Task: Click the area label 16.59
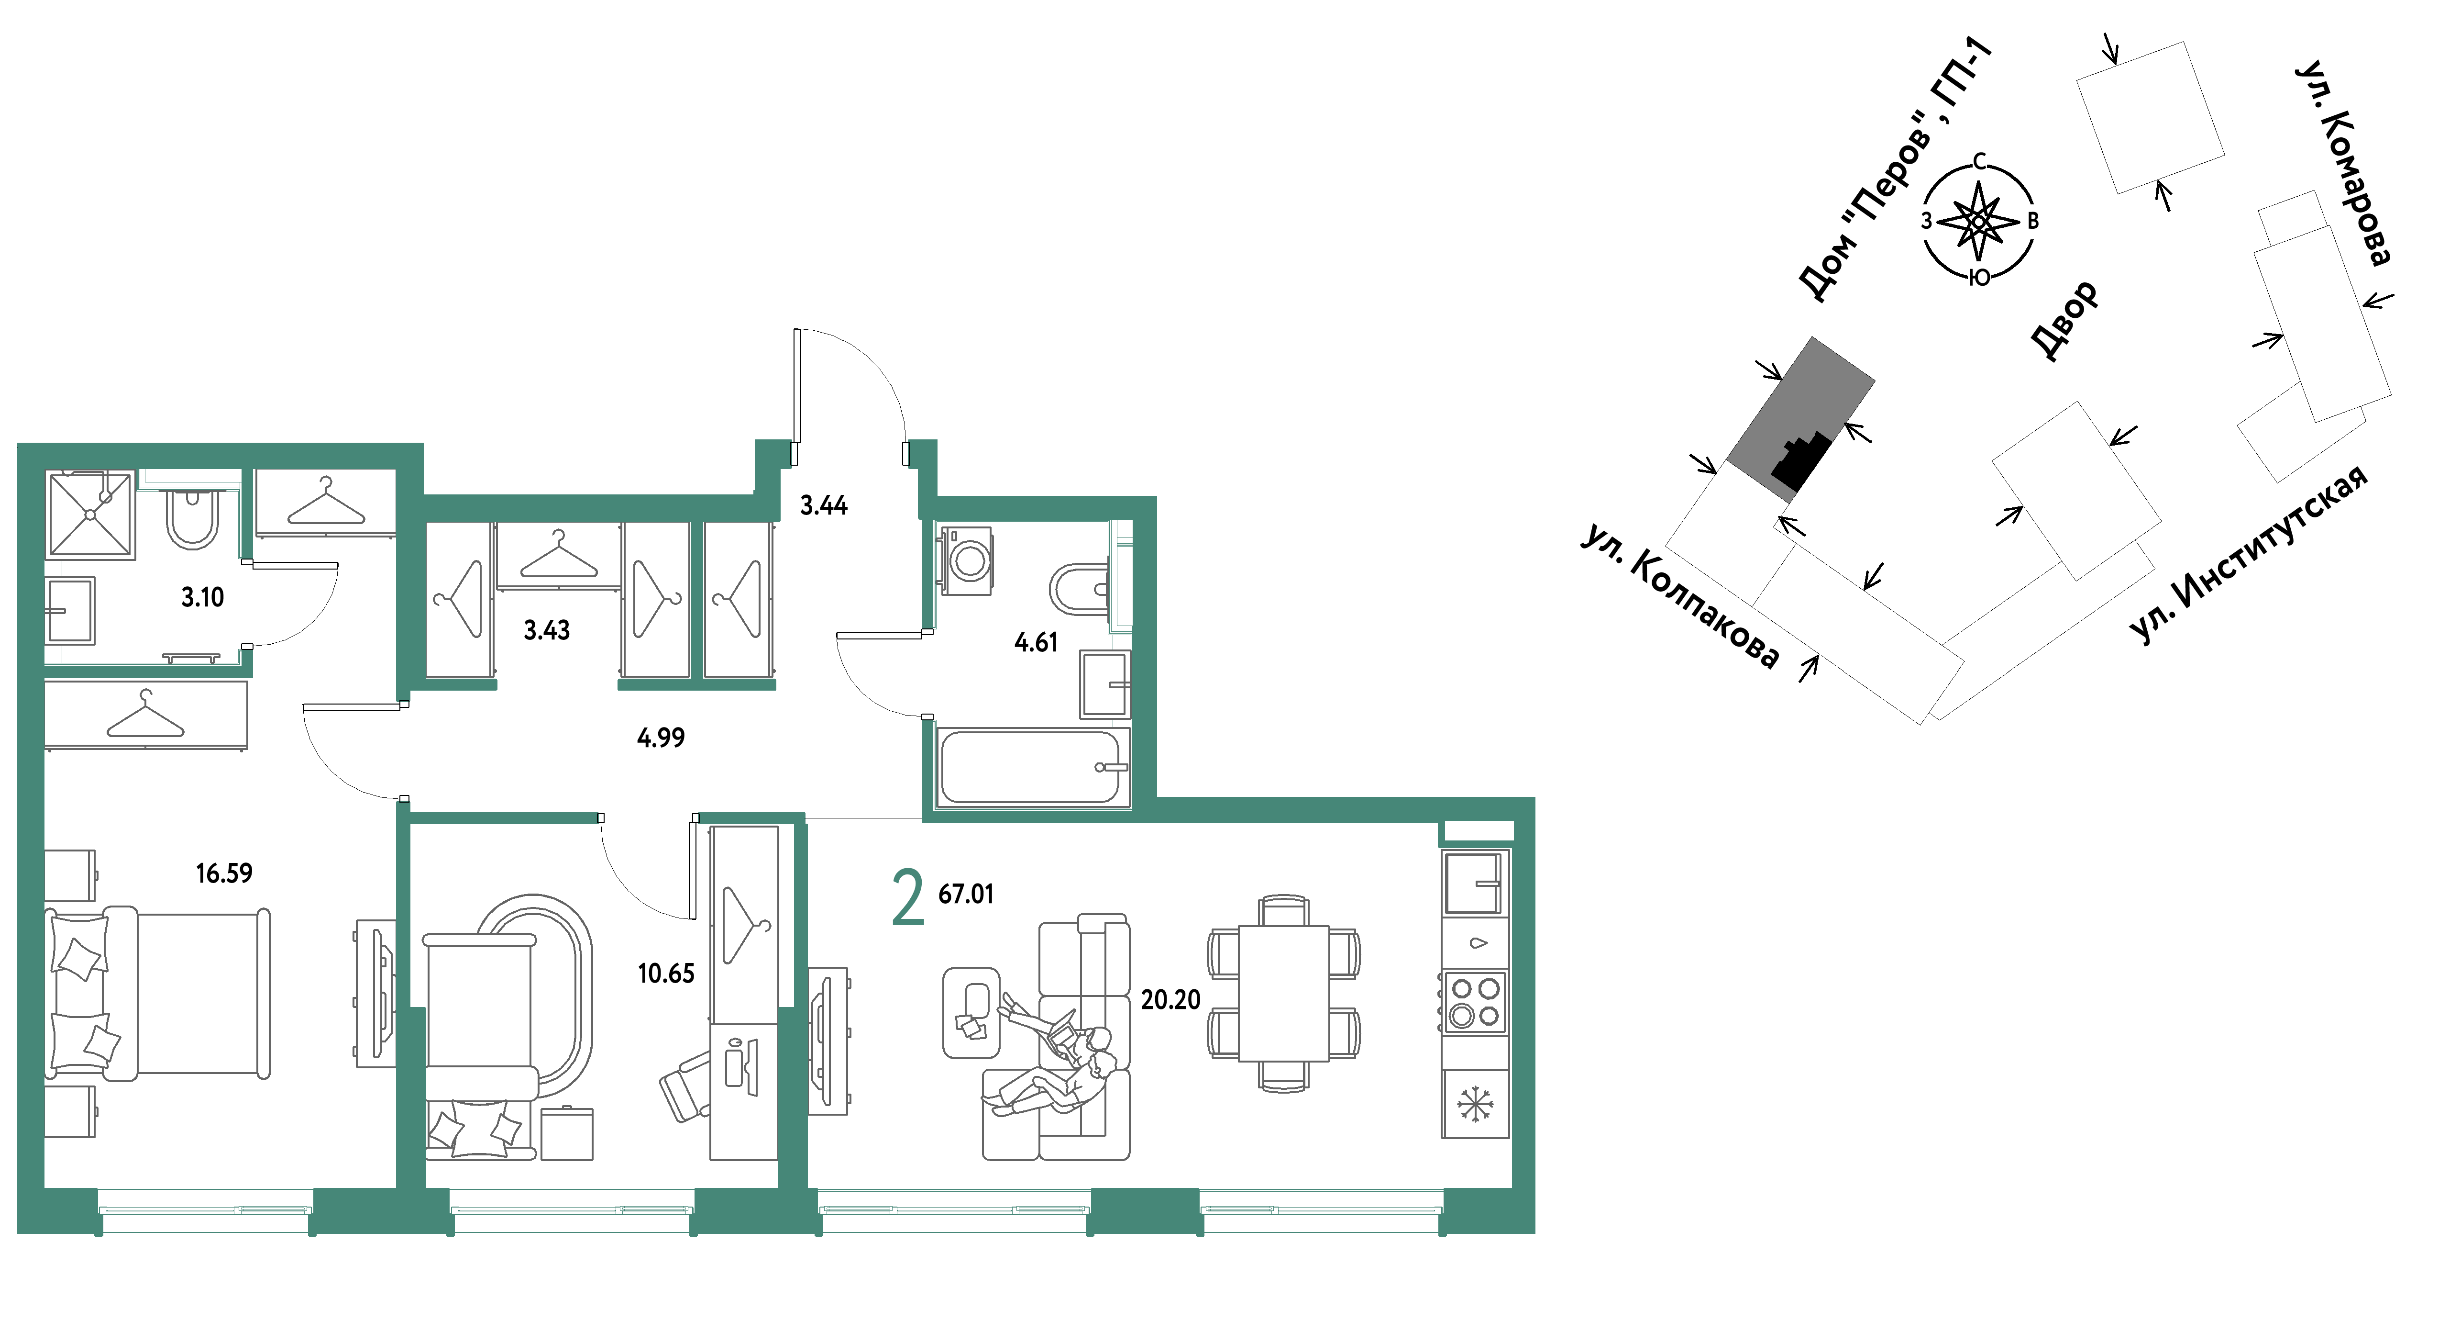pos(224,873)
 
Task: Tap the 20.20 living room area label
pos(1170,1000)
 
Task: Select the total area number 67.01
pos(966,894)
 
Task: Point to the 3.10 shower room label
pos(203,598)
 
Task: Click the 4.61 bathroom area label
pos(1036,643)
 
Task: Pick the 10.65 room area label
pos(666,974)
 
